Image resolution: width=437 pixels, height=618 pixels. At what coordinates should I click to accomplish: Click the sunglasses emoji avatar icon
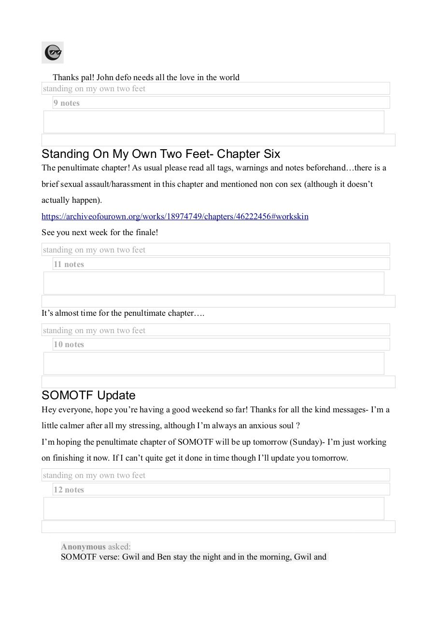coord(53,52)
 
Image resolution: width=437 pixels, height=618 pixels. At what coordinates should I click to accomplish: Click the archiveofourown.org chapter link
coord(175,216)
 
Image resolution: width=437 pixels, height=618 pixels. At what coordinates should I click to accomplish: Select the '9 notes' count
coord(67,103)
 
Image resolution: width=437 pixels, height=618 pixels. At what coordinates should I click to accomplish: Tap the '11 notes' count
coord(69,264)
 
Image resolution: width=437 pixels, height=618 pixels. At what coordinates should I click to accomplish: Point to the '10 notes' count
coord(69,344)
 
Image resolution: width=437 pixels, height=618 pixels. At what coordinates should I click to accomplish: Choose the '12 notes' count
coord(69,490)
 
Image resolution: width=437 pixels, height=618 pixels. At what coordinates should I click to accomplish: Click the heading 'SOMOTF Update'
coord(88,395)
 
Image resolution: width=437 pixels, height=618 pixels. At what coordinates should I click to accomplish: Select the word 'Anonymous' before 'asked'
coord(83,547)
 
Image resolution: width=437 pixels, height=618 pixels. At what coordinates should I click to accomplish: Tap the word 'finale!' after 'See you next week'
coord(146,232)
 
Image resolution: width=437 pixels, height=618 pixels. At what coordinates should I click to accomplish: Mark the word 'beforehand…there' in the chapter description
coord(357,168)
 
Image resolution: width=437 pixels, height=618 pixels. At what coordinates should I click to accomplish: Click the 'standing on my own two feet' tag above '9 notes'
coord(94,88)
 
